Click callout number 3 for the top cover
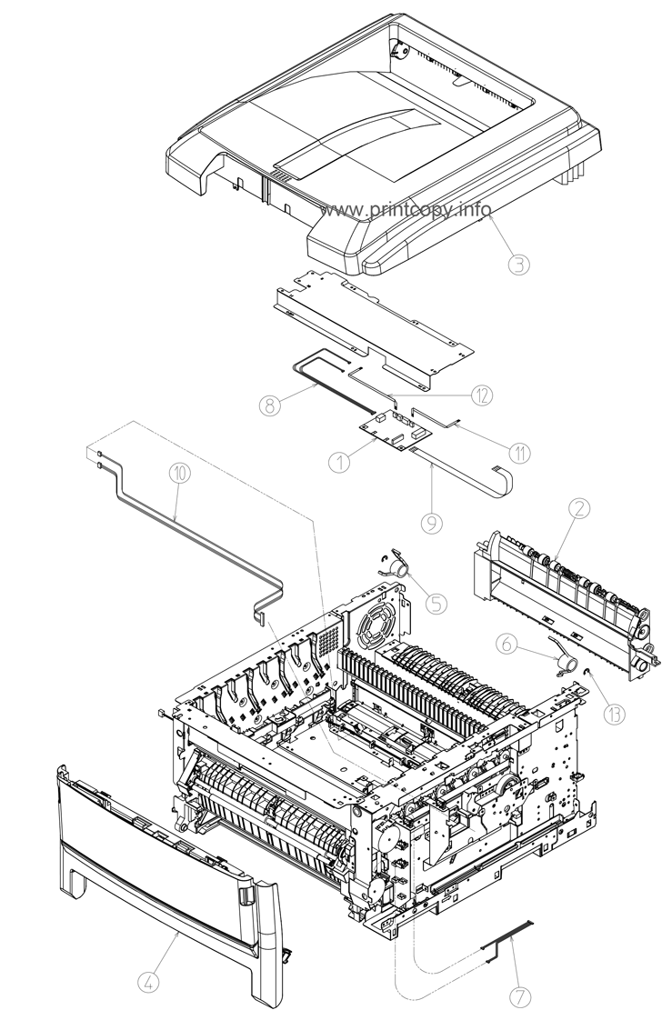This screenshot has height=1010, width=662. click(x=517, y=265)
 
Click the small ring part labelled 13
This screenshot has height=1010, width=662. click(x=588, y=673)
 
